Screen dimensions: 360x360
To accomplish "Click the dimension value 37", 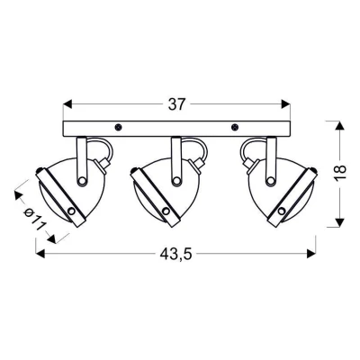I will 176,104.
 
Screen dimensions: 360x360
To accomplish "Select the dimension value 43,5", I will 176,256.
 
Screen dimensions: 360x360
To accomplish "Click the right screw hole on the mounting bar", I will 235,126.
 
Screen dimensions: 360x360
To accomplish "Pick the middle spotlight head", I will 166,189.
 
